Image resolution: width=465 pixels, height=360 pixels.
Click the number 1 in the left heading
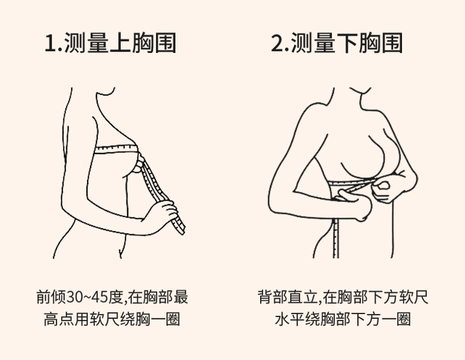click(x=50, y=44)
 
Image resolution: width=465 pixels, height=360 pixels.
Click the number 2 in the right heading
click(x=277, y=44)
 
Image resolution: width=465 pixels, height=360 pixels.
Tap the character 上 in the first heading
click(x=120, y=43)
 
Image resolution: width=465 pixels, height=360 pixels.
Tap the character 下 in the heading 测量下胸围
click(x=347, y=43)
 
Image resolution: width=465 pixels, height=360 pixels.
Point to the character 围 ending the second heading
click(x=392, y=43)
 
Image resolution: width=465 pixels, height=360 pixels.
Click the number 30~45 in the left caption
click(x=87, y=297)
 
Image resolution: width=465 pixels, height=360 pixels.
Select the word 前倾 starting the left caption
click(x=51, y=297)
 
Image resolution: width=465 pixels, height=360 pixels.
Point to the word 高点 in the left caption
click(x=59, y=319)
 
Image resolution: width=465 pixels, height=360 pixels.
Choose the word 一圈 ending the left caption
click(x=165, y=319)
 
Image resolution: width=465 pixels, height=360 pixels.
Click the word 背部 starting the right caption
click(x=273, y=297)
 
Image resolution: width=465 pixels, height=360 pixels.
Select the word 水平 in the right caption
click(x=290, y=319)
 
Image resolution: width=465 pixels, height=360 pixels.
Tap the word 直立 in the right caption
click(x=303, y=297)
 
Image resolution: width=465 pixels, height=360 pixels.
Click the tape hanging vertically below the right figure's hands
click(x=336, y=238)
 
